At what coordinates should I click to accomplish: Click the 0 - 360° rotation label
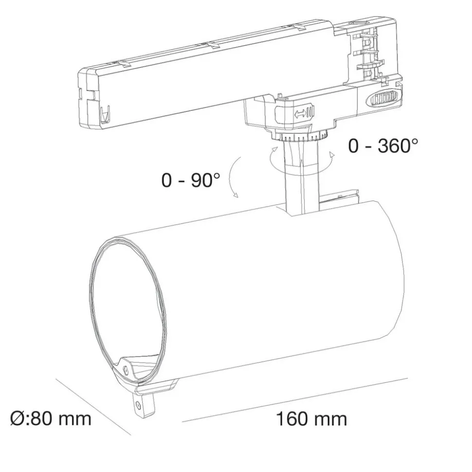coord(382,145)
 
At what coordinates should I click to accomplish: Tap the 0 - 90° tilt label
coord(191,180)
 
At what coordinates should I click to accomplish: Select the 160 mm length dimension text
coord(311,419)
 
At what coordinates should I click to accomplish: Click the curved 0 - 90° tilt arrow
coord(232,177)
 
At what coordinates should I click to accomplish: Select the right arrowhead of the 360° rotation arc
coord(332,155)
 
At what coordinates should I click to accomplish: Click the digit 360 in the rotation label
coord(393,145)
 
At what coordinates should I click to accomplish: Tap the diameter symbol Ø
coord(17,418)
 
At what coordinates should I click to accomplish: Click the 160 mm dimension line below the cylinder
coord(292,399)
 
